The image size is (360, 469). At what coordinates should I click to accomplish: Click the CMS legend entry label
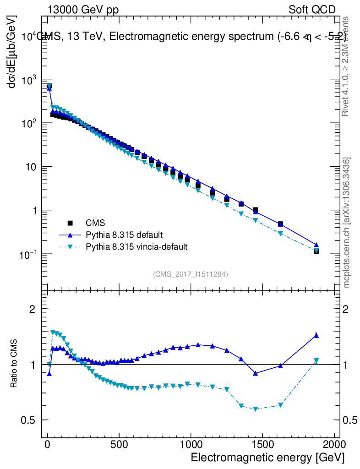pyautogui.click(x=96, y=223)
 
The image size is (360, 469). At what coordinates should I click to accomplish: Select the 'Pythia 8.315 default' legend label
pyautogui.click(x=124, y=235)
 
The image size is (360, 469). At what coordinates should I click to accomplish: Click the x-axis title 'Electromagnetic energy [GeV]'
pyautogui.click(x=267, y=458)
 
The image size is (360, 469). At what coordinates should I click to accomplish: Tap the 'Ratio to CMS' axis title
pyautogui.click(x=15, y=364)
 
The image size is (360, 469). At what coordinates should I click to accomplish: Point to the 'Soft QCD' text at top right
pyautogui.click(x=312, y=10)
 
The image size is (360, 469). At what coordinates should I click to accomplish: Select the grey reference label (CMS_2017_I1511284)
pyautogui.click(x=191, y=274)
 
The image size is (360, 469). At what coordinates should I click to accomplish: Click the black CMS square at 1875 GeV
pyautogui.click(x=316, y=251)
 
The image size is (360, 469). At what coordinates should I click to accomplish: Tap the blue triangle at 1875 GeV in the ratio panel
pyautogui.click(x=316, y=335)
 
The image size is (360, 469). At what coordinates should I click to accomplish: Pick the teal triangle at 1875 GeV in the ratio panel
pyautogui.click(x=316, y=360)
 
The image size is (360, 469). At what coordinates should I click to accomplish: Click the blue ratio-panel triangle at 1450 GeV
pyautogui.click(x=256, y=373)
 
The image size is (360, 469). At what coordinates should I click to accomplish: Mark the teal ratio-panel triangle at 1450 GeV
pyautogui.click(x=256, y=409)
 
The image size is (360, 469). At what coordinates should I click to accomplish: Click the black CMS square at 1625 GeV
pyautogui.click(x=280, y=224)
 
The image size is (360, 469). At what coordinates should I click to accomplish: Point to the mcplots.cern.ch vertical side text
pyautogui.click(x=347, y=223)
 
